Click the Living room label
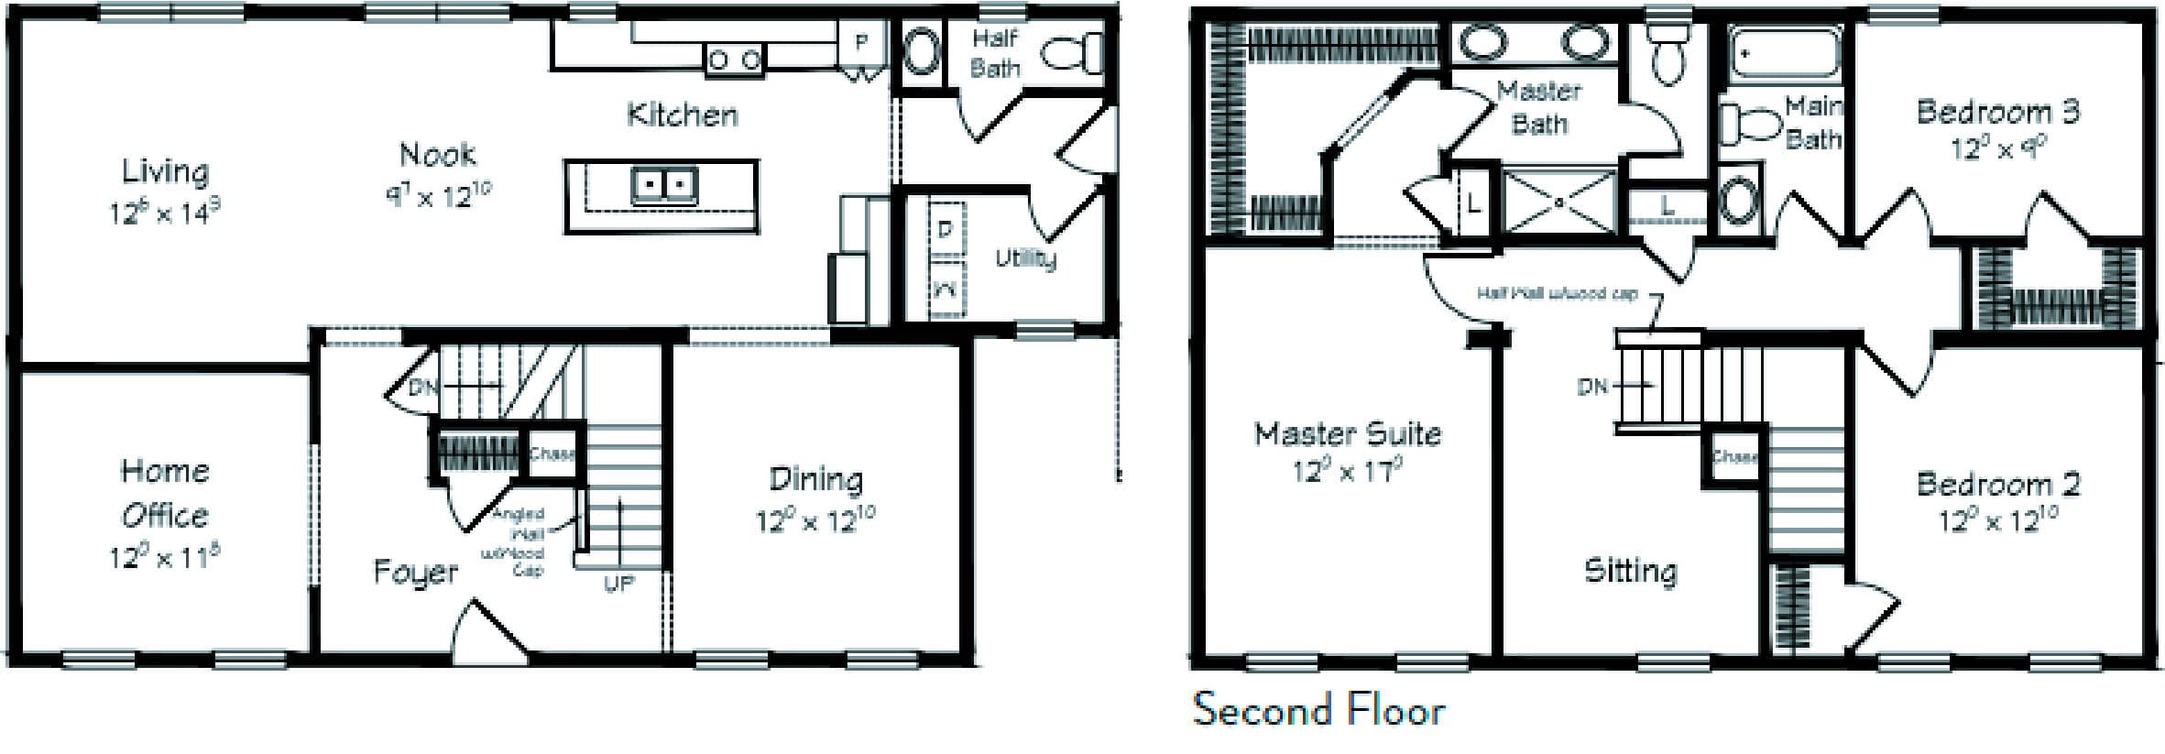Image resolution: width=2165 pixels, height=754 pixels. pyautogui.click(x=165, y=171)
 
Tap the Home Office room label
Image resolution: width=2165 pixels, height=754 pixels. pyautogui.click(x=165, y=493)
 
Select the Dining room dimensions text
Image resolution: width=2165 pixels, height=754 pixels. pyautogui.click(x=815, y=521)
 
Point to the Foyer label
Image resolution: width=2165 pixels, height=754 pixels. pyautogui.click(x=415, y=573)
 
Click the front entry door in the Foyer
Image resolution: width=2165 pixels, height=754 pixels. pyautogui.click(x=491, y=631)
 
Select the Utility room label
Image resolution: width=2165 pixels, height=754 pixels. pyautogui.click(x=1025, y=258)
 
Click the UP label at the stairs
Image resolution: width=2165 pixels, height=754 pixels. pyautogui.click(x=618, y=583)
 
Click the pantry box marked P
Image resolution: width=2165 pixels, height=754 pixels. pyautogui.click(x=860, y=42)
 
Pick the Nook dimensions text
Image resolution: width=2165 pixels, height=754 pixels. pyautogui.click(x=438, y=194)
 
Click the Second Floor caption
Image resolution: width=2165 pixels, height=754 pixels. pyautogui.click(x=1318, y=710)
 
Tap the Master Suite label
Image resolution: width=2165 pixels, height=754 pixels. pyautogui.click(x=1347, y=432)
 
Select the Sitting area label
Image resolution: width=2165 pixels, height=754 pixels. pyautogui.click(x=1631, y=571)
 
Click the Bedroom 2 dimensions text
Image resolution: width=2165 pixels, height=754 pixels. pyautogui.click(x=1997, y=521)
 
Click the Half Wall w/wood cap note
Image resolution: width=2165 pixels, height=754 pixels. pyautogui.click(x=1557, y=294)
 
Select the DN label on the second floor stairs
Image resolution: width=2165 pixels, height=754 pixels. pyautogui.click(x=1592, y=387)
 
